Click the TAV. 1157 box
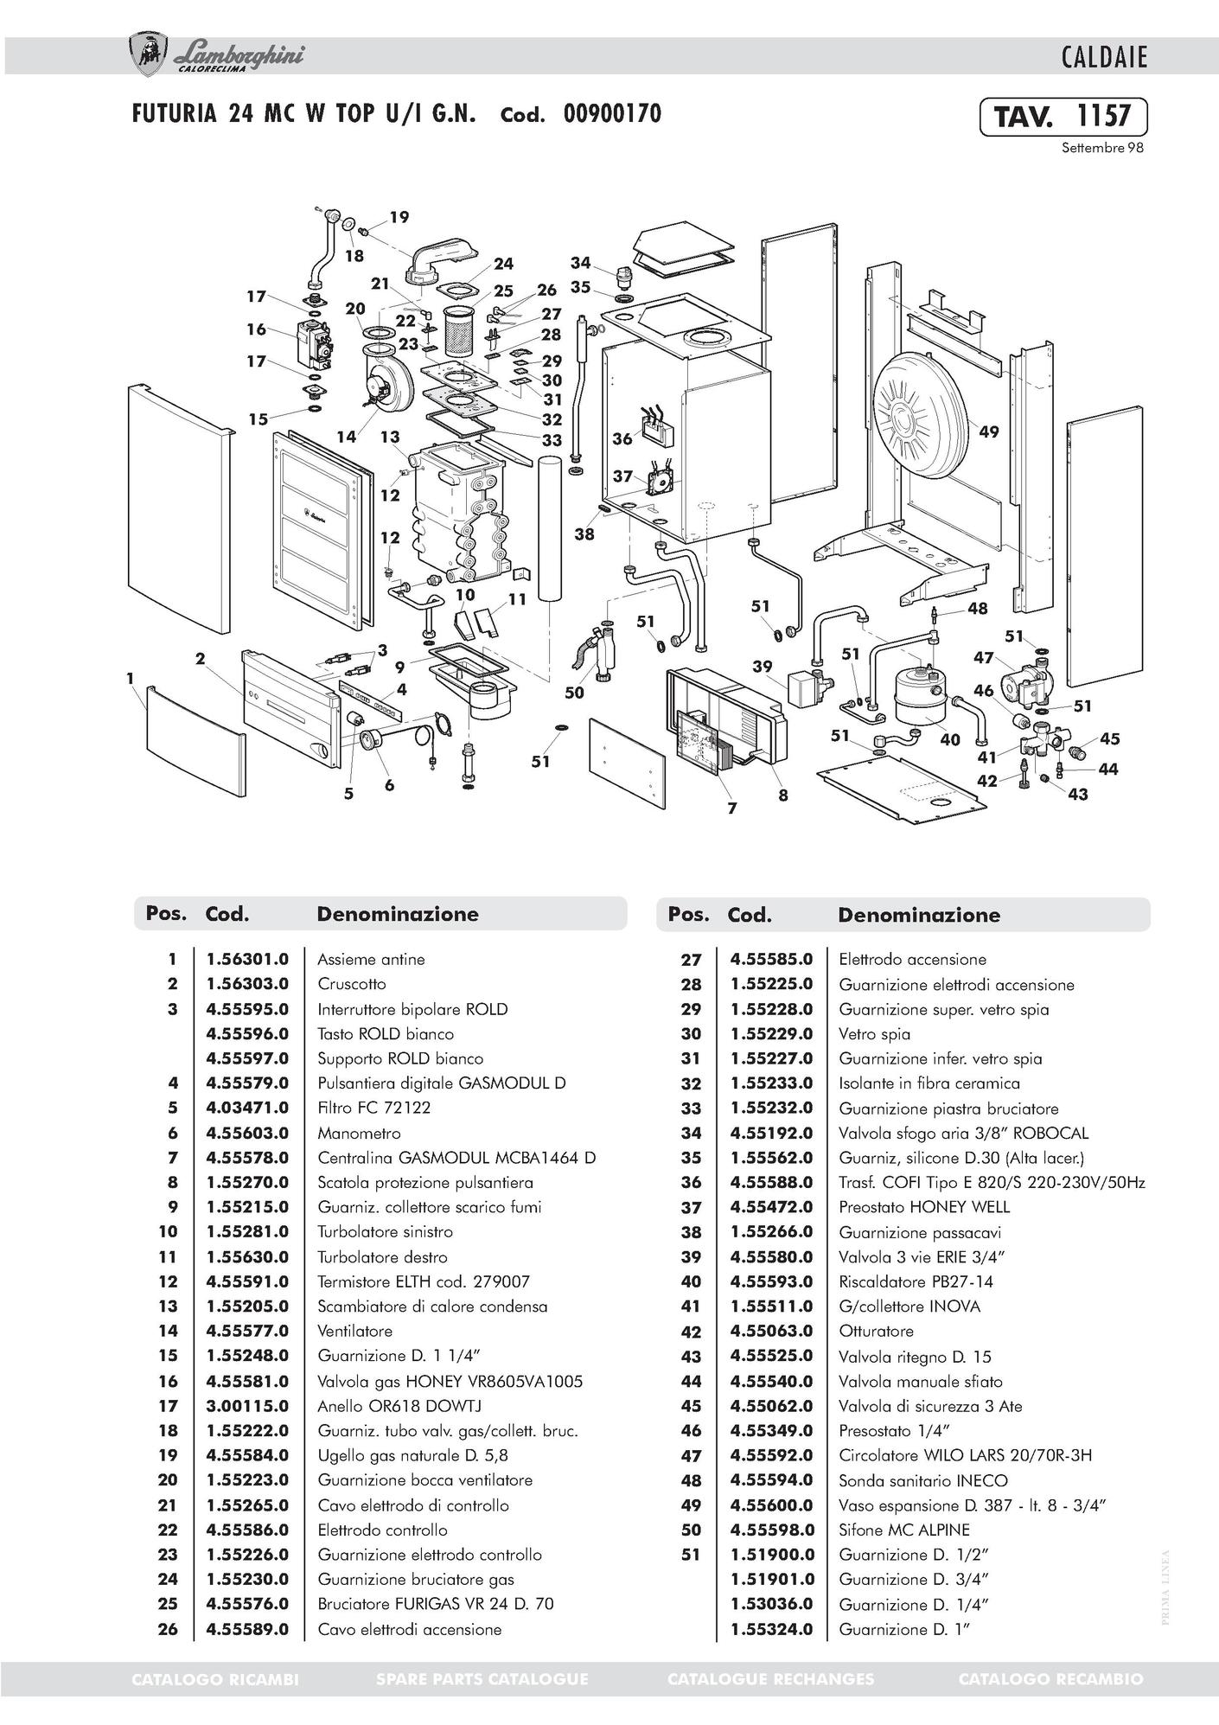(x=1063, y=117)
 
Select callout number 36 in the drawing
(x=622, y=438)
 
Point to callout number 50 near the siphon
(x=574, y=692)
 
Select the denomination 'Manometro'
(x=359, y=1133)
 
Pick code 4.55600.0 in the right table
(x=771, y=1505)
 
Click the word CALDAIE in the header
(x=1104, y=58)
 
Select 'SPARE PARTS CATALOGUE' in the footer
(x=482, y=1679)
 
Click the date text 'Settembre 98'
(x=1102, y=148)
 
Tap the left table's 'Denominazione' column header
(x=398, y=914)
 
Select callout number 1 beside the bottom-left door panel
(x=130, y=679)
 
